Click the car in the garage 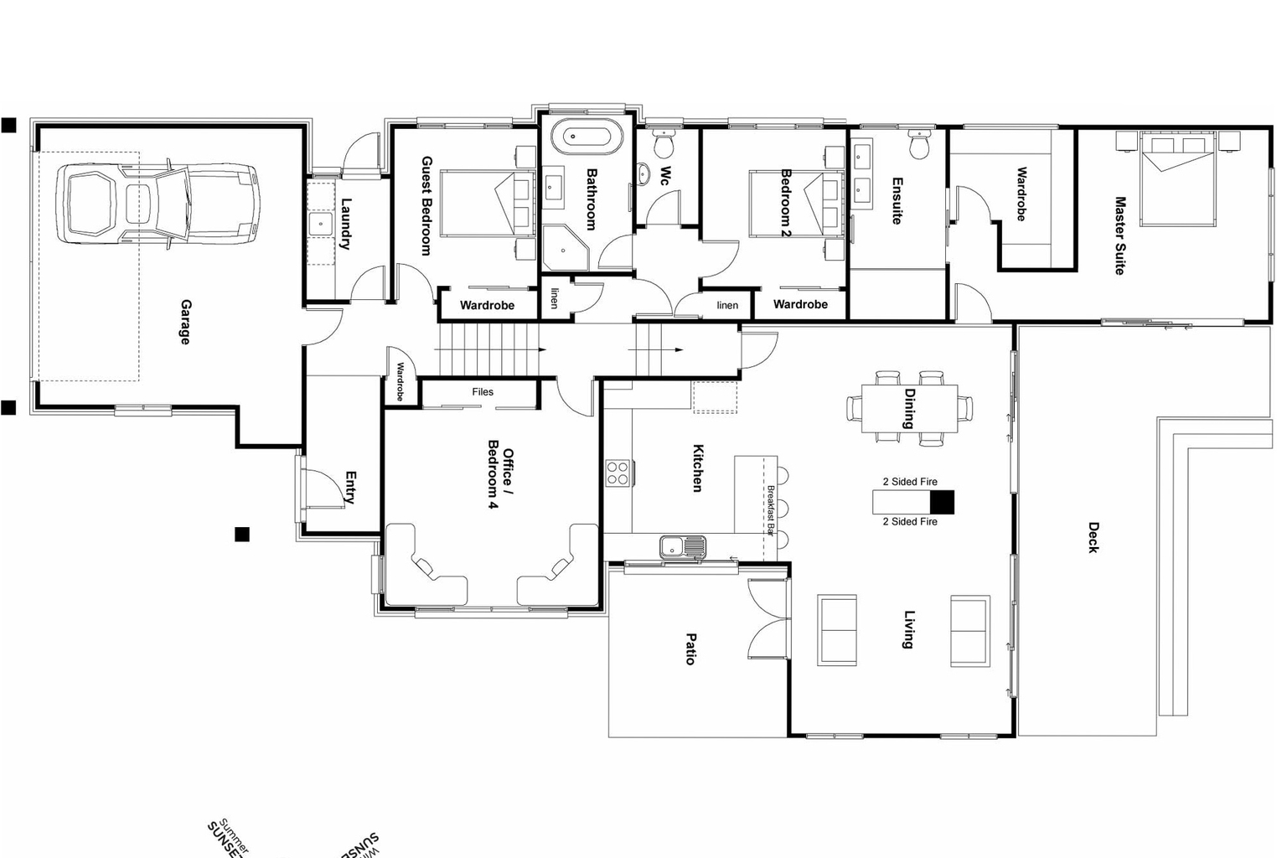tap(158, 204)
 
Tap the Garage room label tap(185, 322)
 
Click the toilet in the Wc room tap(664, 144)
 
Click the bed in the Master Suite tap(1177, 180)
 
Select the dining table tap(909, 408)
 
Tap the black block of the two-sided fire tap(942, 502)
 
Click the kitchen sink tap(683, 547)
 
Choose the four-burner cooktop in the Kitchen tap(618, 473)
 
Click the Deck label tap(1093, 537)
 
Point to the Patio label tap(691, 649)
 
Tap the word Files tap(483, 391)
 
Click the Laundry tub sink tap(321, 224)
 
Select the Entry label tap(351, 488)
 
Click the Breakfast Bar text tap(771, 510)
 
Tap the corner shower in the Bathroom tap(566, 248)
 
